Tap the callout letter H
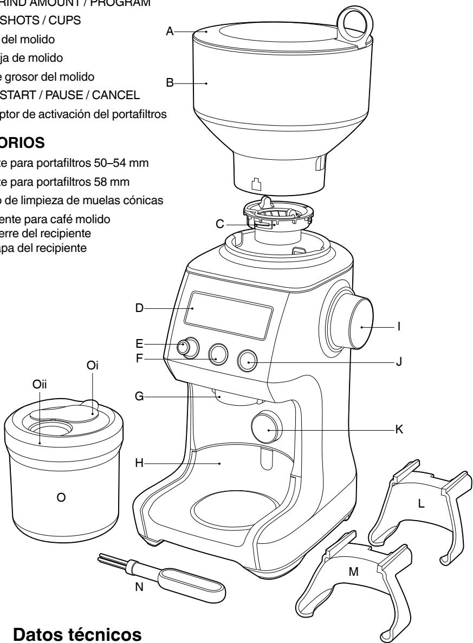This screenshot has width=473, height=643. [139, 464]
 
